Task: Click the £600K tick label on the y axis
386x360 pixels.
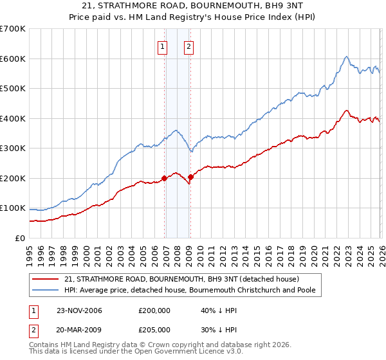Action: (x=13, y=59)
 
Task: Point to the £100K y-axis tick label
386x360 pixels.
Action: (x=13, y=208)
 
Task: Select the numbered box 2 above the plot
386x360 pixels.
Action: (x=189, y=46)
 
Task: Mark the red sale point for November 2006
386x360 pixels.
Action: (x=165, y=178)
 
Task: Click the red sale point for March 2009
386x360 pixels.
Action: (x=190, y=177)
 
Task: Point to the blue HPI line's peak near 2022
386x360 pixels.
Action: (x=346, y=57)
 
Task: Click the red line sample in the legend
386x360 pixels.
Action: (x=46, y=279)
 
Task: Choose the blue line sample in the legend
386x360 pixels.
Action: (x=46, y=290)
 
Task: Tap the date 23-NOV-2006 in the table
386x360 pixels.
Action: (x=80, y=310)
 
